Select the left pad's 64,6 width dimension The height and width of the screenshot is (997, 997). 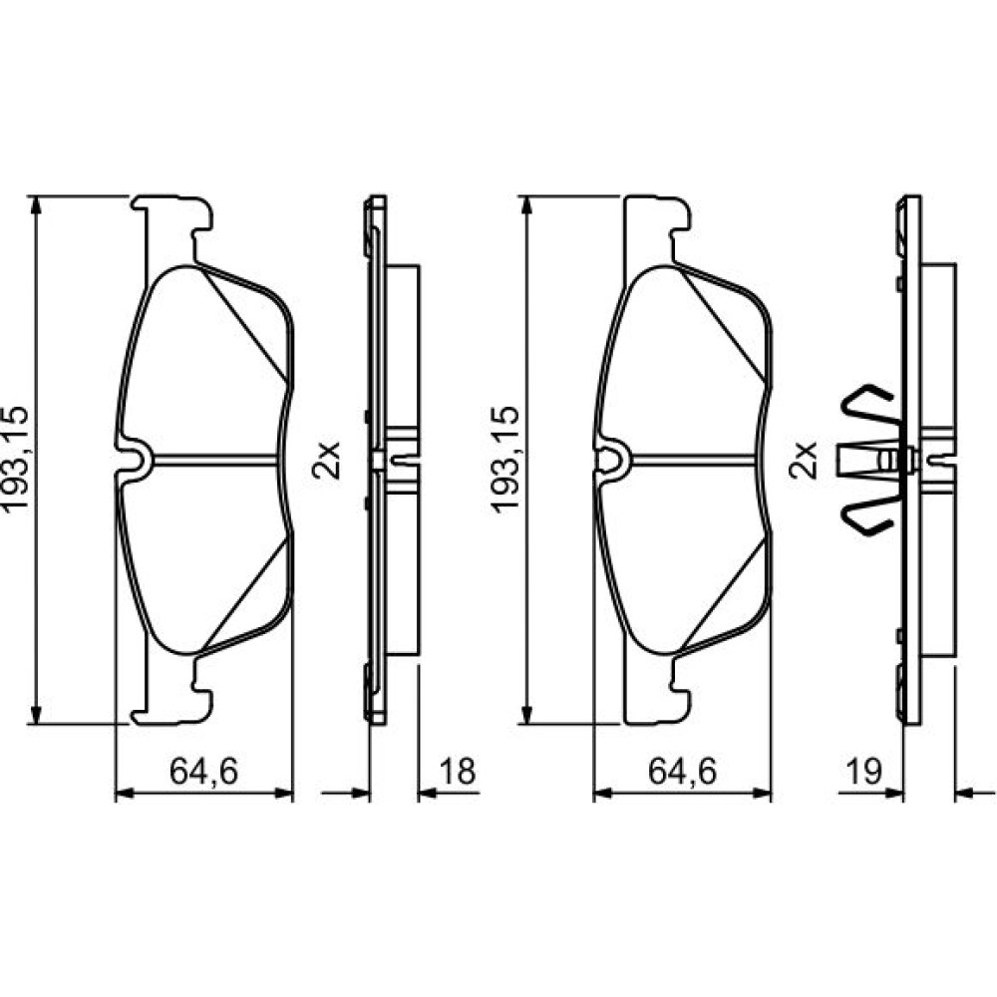pos(203,772)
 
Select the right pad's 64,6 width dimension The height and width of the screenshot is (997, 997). pos(682,772)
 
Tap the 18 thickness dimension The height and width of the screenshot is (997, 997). pos(458,772)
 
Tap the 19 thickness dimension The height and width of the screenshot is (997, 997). pos(864,772)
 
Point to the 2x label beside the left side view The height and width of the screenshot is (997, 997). pos(326,460)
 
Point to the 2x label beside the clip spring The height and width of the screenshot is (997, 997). pos(803,460)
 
